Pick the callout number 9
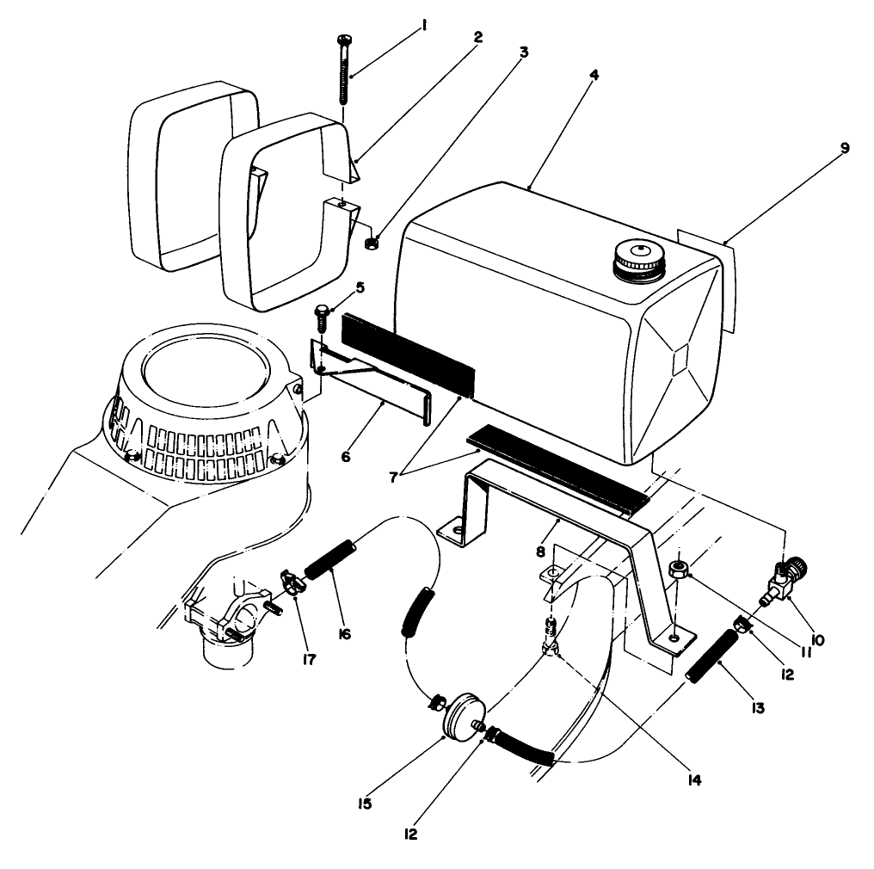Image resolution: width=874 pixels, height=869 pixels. tap(846, 148)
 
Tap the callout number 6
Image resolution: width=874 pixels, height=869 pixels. tap(345, 457)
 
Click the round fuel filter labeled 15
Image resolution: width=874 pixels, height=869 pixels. tap(462, 714)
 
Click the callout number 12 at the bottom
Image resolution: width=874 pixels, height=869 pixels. tap(411, 834)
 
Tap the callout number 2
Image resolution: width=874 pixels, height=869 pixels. tap(477, 37)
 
